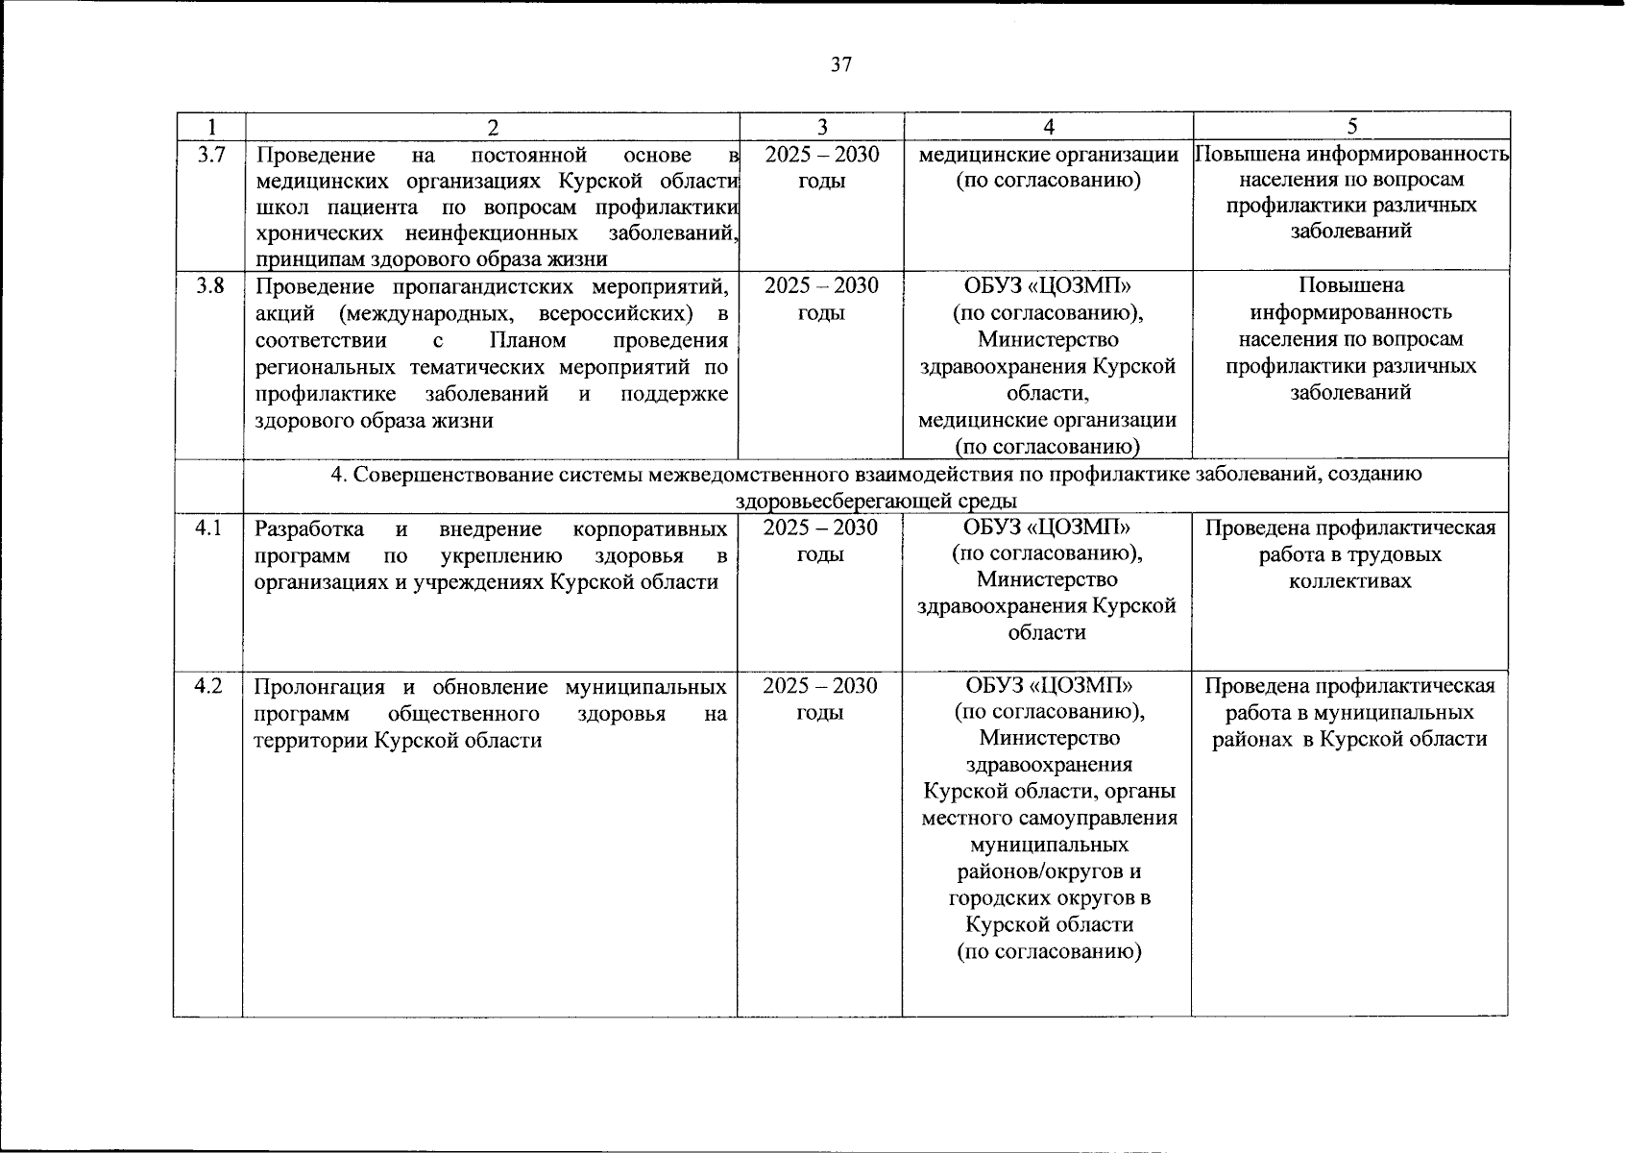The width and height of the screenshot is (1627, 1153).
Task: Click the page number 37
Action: [840, 65]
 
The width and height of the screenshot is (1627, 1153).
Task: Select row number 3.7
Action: [210, 154]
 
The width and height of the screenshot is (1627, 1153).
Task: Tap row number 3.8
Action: [210, 285]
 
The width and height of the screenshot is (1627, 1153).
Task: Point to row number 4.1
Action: [208, 527]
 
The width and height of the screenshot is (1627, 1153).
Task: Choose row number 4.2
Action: [208, 686]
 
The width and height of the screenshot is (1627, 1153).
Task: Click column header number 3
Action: [821, 127]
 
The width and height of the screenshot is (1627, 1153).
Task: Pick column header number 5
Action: [1352, 127]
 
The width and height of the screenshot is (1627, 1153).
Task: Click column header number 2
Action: [493, 127]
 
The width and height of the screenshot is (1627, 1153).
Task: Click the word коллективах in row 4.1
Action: [1350, 581]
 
